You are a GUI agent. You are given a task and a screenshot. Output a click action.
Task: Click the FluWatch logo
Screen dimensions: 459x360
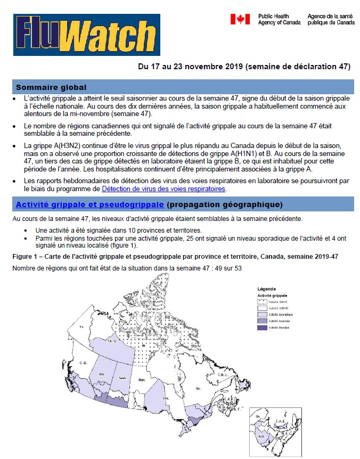(86, 35)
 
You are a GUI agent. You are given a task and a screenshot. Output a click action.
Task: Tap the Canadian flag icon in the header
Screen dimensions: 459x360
(240, 19)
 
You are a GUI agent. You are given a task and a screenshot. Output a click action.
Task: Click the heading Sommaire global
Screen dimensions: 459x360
(51, 87)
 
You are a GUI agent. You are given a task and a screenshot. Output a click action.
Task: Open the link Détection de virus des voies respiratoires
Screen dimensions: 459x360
(163, 188)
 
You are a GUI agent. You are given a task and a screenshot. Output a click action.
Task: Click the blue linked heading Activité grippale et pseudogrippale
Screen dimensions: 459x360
(89, 204)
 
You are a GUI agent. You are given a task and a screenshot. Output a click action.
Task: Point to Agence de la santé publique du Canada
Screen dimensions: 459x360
(330, 20)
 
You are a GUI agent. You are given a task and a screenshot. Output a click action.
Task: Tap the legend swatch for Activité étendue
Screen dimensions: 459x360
(262, 328)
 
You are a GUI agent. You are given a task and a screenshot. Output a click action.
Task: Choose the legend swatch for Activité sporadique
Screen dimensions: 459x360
(262, 314)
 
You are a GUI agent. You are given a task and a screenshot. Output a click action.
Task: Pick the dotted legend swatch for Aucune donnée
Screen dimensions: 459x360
(262, 301)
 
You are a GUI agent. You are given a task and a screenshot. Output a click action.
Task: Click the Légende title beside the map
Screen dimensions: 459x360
(266, 289)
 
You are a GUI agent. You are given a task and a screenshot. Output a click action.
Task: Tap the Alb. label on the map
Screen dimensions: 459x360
(101, 375)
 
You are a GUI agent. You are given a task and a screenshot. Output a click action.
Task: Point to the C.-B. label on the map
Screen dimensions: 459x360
(83, 363)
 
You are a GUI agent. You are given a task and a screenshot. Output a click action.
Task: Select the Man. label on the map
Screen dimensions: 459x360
(142, 380)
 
